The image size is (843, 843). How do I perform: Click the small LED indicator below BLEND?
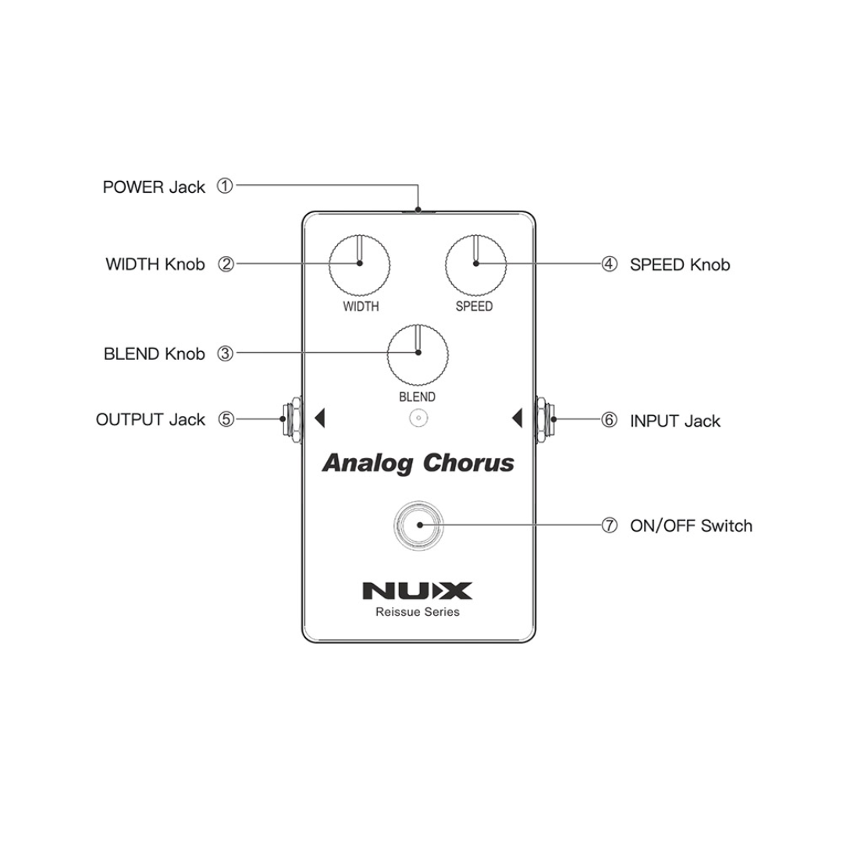[418, 419]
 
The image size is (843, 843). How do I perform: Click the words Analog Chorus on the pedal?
[418, 464]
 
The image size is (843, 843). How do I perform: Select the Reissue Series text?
[417, 612]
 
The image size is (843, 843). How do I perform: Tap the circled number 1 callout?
[225, 187]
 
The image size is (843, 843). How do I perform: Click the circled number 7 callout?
[609, 525]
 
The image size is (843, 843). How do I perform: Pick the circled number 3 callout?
[225, 354]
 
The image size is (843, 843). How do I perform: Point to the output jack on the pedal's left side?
[292, 419]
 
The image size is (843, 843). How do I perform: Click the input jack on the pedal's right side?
[544, 419]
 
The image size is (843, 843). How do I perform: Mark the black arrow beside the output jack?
[318, 419]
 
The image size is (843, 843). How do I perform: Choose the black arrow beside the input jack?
[517, 419]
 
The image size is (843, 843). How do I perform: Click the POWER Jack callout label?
[154, 187]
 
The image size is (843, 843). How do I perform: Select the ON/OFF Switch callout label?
[691, 525]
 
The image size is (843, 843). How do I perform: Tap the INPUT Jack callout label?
[674, 421]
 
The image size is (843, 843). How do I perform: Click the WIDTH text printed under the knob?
[361, 307]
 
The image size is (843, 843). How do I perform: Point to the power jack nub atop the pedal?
[418, 210]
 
